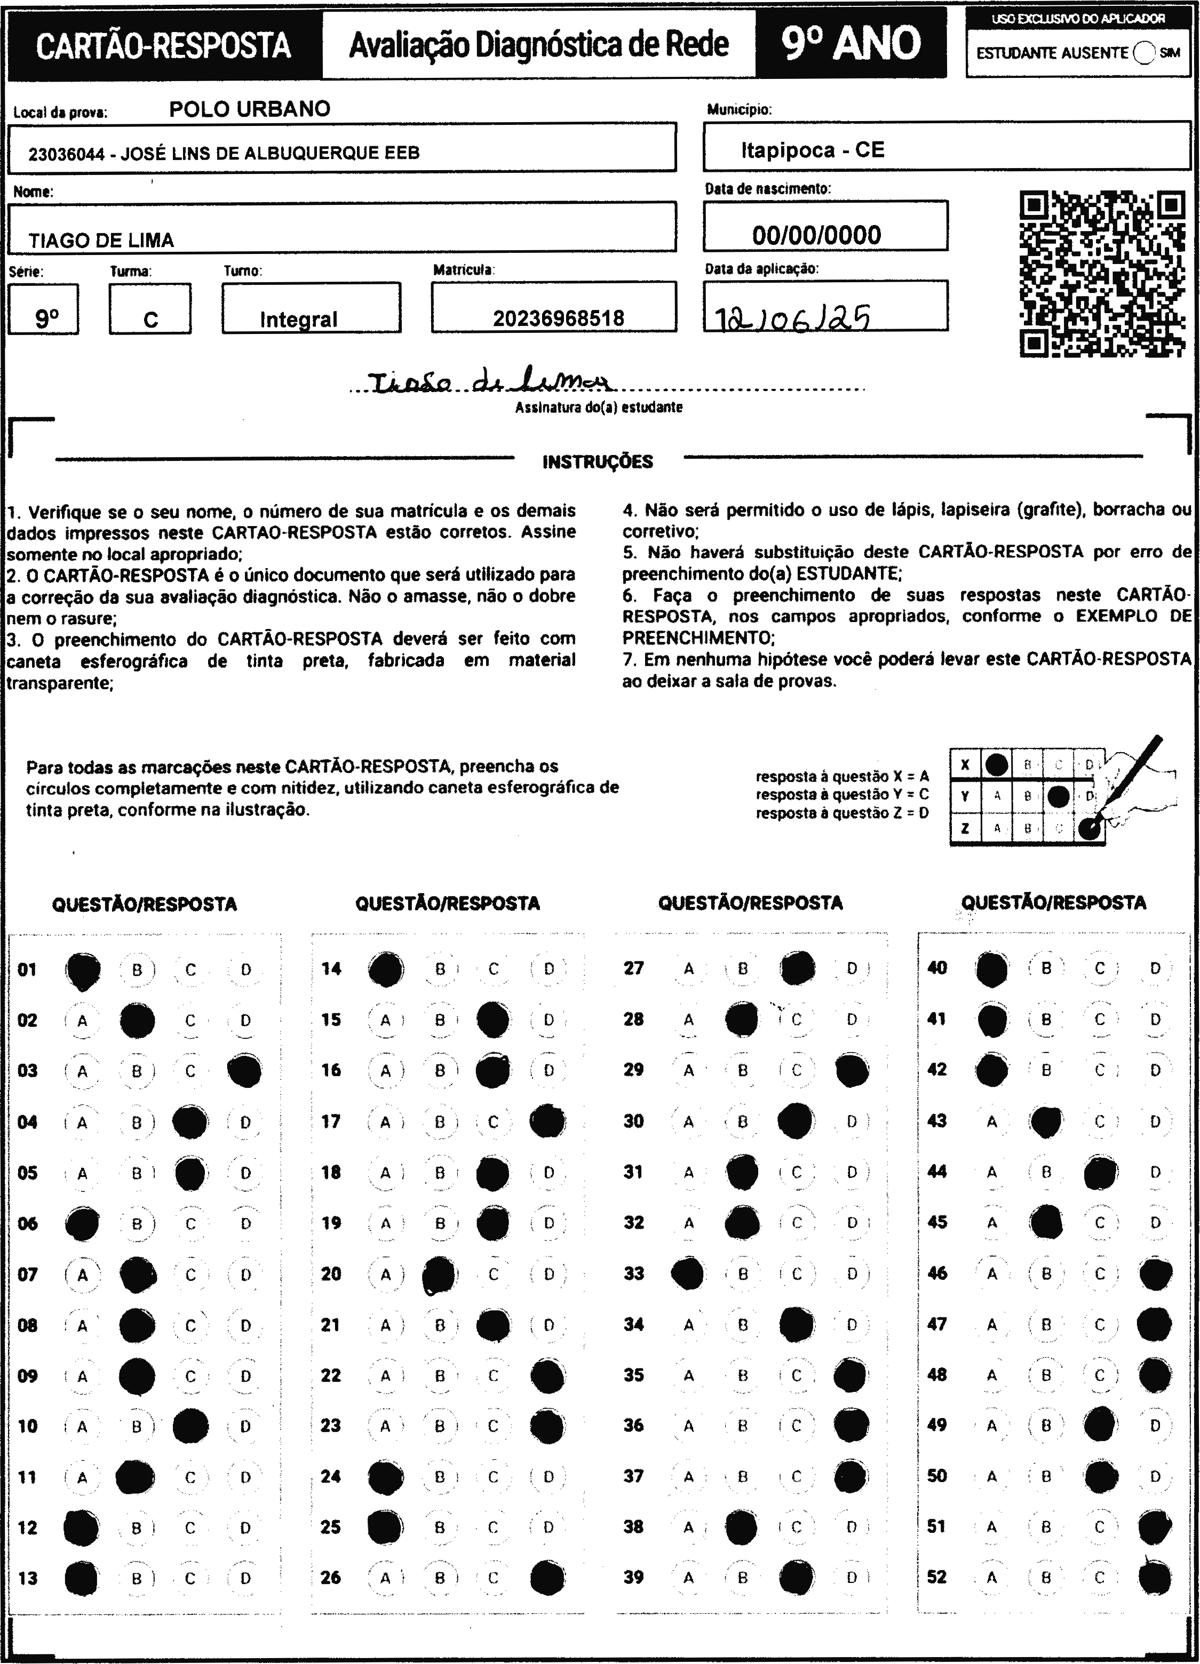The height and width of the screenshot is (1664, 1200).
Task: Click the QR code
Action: [x=1102, y=274]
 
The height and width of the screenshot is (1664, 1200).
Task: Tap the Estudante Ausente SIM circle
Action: [x=1143, y=53]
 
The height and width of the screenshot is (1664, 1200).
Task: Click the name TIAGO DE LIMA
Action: [x=101, y=241]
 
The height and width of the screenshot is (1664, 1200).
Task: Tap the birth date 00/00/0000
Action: [x=816, y=235]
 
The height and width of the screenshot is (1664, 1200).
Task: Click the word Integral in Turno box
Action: [x=299, y=320]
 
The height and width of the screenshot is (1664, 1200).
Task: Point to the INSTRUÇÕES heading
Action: [x=598, y=461]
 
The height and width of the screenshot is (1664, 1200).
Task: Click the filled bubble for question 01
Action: [x=83, y=970]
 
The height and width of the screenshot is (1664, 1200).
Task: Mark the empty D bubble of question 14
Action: [x=549, y=969]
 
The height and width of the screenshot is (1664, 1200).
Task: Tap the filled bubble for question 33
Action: [x=688, y=1273]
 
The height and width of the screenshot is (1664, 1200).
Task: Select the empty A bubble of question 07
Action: [x=82, y=1275]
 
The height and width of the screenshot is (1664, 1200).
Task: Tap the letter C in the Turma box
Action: [x=150, y=320]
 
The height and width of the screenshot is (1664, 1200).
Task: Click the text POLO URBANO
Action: [x=250, y=109]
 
